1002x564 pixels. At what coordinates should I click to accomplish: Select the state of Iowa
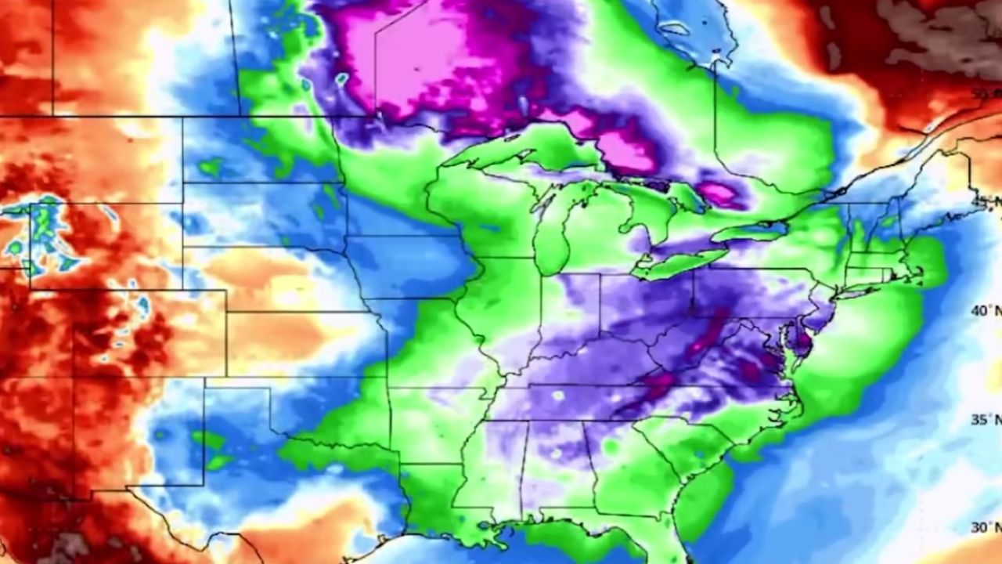point(407,266)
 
